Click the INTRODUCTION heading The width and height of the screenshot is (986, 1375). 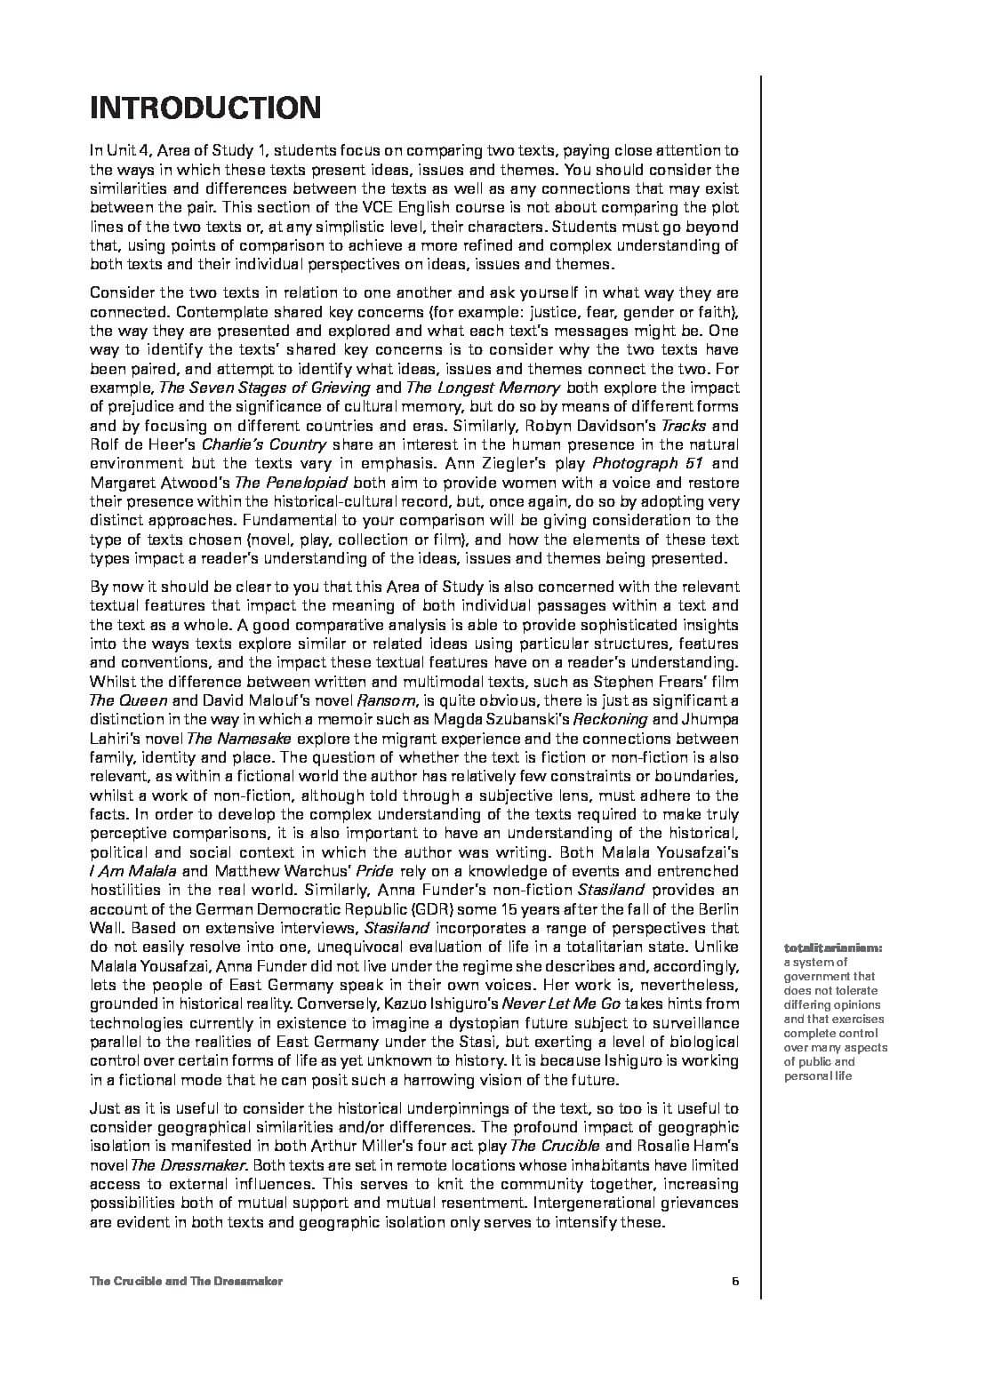click(204, 108)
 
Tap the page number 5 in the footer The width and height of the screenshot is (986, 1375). click(734, 1281)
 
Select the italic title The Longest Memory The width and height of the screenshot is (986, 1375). click(483, 388)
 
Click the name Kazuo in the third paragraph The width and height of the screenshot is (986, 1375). click(409, 1003)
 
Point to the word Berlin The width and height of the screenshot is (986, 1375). click(716, 909)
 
